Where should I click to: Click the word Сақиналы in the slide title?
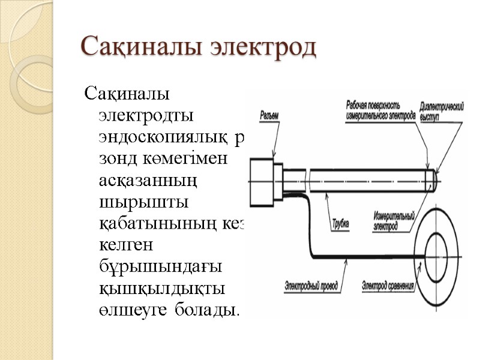[140, 47]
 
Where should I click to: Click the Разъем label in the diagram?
[269, 115]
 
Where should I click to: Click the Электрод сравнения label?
[388, 284]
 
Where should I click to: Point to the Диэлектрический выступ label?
[443, 112]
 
